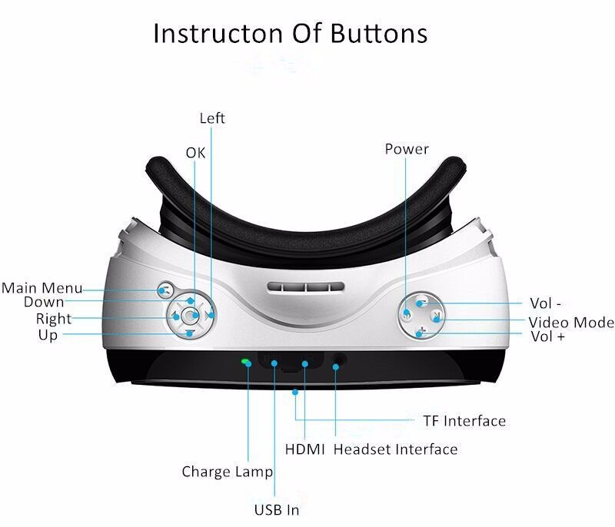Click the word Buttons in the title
(x=379, y=33)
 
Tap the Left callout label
(x=212, y=118)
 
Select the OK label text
(x=195, y=153)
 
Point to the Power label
(x=407, y=149)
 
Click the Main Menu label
(x=42, y=288)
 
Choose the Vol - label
(x=545, y=303)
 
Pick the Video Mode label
(x=571, y=323)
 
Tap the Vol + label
(x=547, y=336)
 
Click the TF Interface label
(x=464, y=421)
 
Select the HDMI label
(x=304, y=449)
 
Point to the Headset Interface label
(x=395, y=449)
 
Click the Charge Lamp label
(x=228, y=472)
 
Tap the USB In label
(x=277, y=510)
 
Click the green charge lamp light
(x=244, y=361)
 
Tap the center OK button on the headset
(x=190, y=316)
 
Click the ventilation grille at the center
(x=306, y=287)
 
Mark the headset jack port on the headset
(x=339, y=359)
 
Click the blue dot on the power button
(x=407, y=313)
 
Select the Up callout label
(x=48, y=336)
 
